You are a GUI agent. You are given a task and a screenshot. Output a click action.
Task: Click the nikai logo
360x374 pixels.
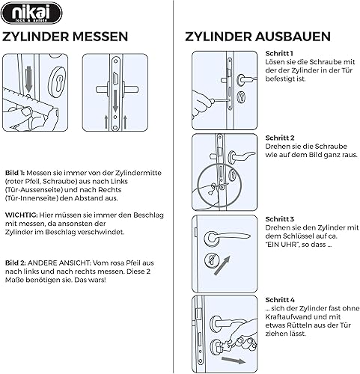pyautogui.click(x=31, y=13)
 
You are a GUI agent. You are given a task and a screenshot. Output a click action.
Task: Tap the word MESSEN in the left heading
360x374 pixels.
pyautogui.click(x=100, y=37)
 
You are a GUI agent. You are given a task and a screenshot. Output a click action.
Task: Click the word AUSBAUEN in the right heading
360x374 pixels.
pyautogui.click(x=293, y=37)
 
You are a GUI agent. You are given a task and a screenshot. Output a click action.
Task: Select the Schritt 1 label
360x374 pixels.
pyautogui.click(x=279, y=53)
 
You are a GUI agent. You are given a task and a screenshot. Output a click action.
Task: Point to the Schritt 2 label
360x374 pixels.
pyautogui.click(x=280, y=138)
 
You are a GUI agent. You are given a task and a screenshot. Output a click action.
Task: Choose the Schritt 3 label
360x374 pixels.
pyautogui.click(x=280, y=219)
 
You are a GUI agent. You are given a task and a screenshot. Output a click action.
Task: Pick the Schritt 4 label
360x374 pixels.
pyautogui.click(x=280, y=300)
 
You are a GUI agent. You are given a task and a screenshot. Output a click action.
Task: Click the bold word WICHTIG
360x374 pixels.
pyautogui.click(x=22, y=215)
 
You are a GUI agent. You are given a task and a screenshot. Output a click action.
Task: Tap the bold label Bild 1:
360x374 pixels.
pyautogui.click(x=15, y=173)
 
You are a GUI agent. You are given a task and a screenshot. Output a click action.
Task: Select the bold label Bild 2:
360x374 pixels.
pyautogui.click(x=16, y=263)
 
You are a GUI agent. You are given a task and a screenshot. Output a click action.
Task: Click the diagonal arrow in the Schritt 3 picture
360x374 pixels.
pyautogui.click(x=222, y=266)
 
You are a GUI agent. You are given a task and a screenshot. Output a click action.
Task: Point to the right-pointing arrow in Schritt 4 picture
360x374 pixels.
pyautogui.click(x=234, y=361)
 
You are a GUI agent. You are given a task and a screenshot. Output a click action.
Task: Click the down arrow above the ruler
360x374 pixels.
pyautogui.click(x=29, y=79)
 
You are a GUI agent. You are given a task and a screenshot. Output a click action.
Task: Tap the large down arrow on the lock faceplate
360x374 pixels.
pyautogui.click(x=115, y=101)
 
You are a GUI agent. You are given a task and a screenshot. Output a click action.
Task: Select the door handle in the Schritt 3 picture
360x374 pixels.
pyautogui.click(x=227, y=238)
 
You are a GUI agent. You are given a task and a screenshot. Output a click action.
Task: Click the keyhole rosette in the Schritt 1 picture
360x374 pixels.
pyautogui.click(x=241, y=97)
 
